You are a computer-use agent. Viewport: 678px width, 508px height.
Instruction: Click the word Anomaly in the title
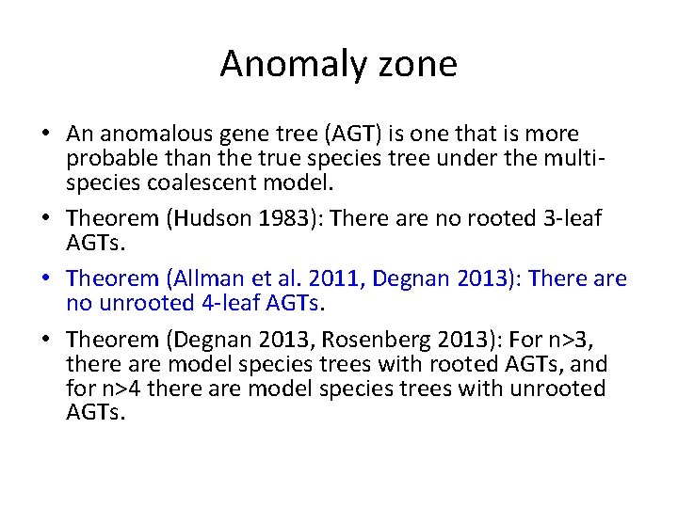279,64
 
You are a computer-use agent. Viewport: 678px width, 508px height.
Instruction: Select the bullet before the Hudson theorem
53,219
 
